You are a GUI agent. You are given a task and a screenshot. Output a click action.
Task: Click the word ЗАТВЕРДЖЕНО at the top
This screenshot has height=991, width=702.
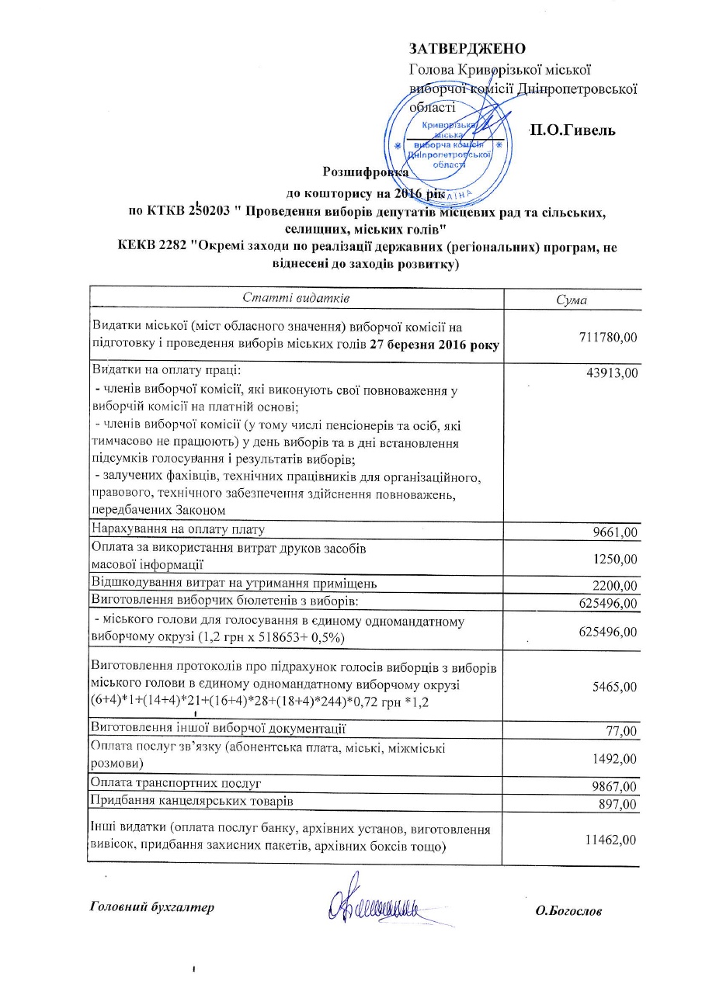coord(463,49)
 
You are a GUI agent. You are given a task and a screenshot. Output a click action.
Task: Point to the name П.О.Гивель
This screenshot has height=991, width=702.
coord(572,130)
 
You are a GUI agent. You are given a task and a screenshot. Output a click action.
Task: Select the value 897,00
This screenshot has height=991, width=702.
coord(618,804)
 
